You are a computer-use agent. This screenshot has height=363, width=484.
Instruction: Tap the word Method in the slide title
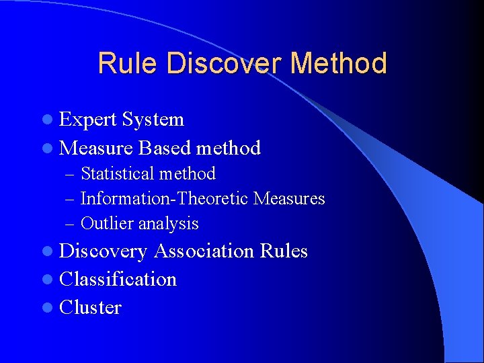click(x=339, y=64)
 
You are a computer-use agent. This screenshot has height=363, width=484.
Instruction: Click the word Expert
click(x=88, y=120)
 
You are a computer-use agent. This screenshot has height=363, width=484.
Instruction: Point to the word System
click(x=153, y=120)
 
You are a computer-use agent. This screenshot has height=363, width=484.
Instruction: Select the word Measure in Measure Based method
click(x=96, y=148)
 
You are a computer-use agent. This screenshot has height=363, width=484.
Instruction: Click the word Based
click(x=165, y=148)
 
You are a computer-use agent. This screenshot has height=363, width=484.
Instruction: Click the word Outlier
click(x=102, y=224)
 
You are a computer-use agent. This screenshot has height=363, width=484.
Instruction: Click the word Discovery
click(x=104, y=251)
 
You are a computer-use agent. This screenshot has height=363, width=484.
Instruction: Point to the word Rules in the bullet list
click(x=283, y=251)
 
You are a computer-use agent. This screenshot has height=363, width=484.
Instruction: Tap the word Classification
click(x=118, y=279)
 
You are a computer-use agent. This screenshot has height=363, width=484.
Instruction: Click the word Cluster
click(x=90, y=307)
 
